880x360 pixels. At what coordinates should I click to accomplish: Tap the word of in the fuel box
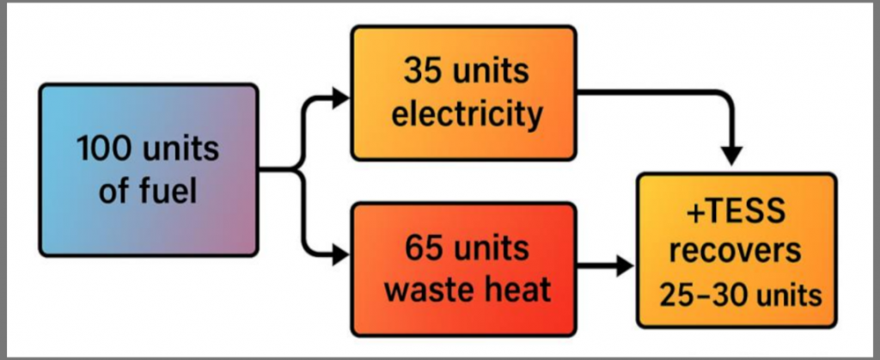pyautogui.click(x=113, y=190)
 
